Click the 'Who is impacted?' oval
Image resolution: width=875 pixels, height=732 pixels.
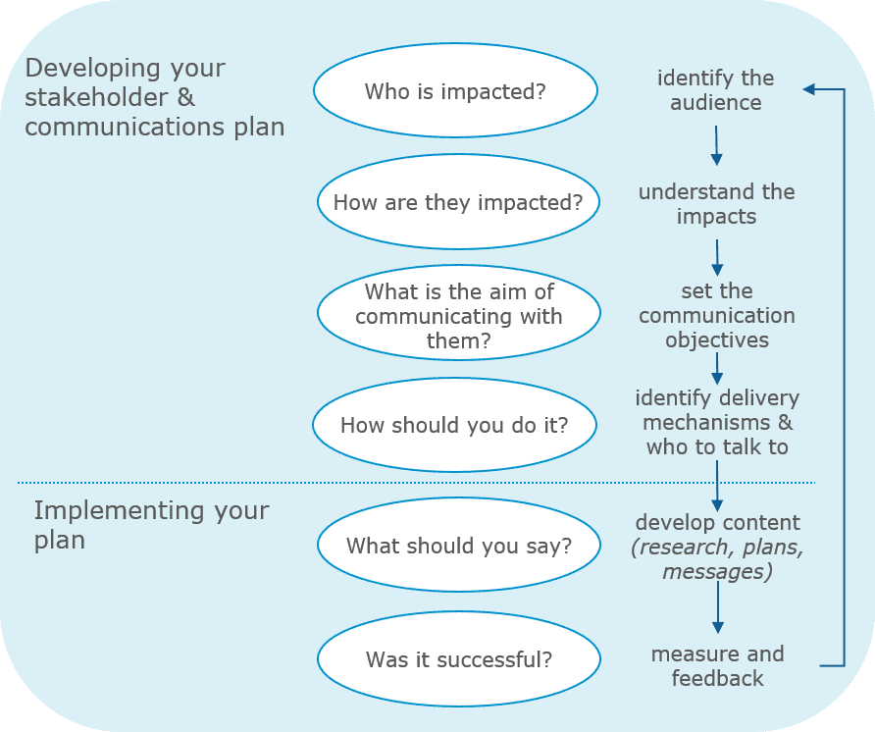(455, 91)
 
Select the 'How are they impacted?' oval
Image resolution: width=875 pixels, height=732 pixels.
(458, 202)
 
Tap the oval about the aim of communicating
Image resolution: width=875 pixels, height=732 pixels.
(458, 316)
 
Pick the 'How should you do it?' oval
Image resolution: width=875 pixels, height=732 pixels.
(454, 425)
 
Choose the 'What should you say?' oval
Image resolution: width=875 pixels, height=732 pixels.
(458, 546)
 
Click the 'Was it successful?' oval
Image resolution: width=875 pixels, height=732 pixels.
(458, 659)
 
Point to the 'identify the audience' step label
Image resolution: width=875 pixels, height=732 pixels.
(715, 90)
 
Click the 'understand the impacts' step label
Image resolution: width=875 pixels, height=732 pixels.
(716, 204)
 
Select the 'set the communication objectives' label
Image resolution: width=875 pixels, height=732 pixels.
(716, 316)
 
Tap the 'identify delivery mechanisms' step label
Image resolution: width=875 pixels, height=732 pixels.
(717, 423)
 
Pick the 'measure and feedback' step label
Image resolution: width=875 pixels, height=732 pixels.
(717, 665)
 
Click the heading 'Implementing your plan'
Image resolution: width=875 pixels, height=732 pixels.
(151, 525)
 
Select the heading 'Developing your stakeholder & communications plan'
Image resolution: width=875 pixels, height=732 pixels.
(154, 98)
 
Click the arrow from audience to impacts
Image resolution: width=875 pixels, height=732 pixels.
(716, 144)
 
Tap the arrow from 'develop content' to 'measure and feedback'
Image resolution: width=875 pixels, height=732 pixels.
(717, 609)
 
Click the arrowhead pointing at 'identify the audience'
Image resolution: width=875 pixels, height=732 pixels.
(809, 89)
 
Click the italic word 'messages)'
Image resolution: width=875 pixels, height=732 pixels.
(716, 571)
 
